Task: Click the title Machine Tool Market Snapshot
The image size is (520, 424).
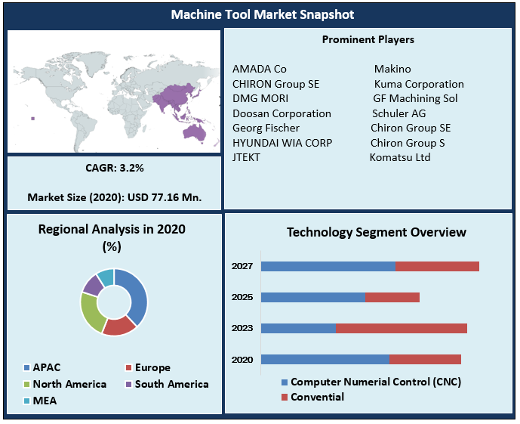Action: (262, 14)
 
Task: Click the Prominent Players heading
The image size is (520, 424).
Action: (368, 39)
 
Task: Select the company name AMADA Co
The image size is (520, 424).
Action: (260, 69)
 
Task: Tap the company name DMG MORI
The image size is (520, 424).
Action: (260, 98)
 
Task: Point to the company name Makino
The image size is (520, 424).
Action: (392, 69)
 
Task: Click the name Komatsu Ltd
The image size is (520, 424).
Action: (400, 157)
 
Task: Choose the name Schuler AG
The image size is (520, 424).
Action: (399, 113)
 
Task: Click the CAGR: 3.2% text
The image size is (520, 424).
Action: (115, 167)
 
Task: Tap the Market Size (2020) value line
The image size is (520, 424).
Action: (115, 198)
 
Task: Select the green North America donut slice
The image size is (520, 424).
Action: (92, 311)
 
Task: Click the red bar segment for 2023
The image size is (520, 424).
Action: (402, 328)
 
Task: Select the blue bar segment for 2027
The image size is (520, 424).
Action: (328, 266)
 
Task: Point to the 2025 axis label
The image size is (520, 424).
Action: (242, 297)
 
